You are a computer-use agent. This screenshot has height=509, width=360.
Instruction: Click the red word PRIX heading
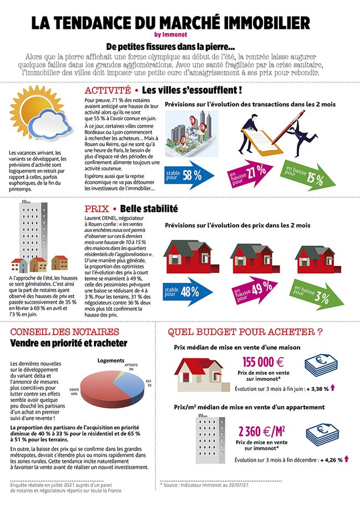[96, 209]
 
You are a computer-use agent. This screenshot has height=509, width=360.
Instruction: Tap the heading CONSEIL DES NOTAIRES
[64, 332]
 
